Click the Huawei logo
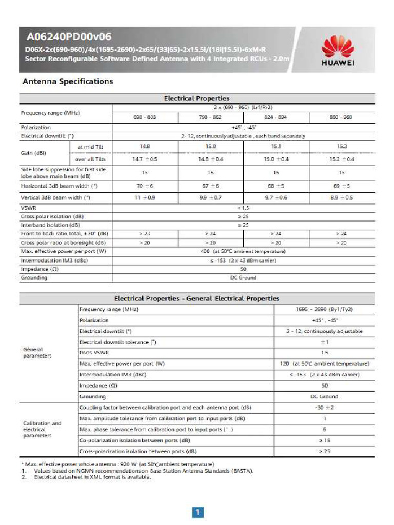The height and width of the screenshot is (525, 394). point(337,51)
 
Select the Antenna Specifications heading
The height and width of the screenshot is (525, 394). point(67,82)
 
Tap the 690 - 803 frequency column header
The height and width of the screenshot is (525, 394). point(145,117)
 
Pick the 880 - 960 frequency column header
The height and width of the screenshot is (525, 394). point(342,117)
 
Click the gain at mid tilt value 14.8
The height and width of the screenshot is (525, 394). point(145,146)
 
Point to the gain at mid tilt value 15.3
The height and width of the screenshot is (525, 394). point(342,146)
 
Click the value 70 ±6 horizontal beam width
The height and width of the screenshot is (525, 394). point(145,186)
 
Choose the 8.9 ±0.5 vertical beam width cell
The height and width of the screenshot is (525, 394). point(342,197)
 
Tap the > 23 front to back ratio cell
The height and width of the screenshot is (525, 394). point(145,233)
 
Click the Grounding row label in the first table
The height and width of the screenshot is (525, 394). point(34,277)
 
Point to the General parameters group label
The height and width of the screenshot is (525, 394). point(37,353)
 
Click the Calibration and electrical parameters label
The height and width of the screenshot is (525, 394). point(42,429)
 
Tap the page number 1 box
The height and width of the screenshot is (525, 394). point(198,512)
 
